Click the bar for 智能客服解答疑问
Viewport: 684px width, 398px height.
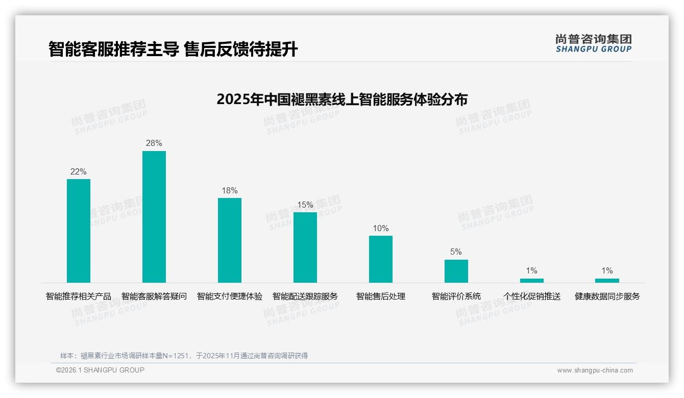click(x=154, y=217)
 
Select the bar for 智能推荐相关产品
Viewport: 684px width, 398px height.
click(x=79, y=231)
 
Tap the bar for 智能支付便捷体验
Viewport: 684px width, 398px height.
click(x=230, y=240)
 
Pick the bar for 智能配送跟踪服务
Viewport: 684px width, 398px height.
click(x=305, y=247)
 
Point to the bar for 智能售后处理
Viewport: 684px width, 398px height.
click(x=381, y=259)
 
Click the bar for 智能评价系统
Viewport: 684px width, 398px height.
click(x=456, y=271)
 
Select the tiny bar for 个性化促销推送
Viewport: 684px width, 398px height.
click(x=531, y=280)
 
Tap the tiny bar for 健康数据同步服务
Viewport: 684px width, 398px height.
click(x=607, y=280)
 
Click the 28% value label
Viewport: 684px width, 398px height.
click(x=154, y=143)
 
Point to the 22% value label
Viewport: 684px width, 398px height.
click(x=79, y=172)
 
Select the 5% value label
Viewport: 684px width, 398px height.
click(x=456, y=252)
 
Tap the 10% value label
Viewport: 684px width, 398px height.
click(x=381, y=229)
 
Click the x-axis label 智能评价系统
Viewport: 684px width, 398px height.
click(x=456, y=296)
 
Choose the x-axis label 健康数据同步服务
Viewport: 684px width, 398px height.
click(x=607, y=296)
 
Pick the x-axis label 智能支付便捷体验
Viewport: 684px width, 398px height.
click(x=230, y=296)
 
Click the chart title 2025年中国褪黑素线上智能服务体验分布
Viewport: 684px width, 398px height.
click(x=342, y=99)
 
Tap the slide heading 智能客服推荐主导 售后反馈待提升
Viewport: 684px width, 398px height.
click(x=173, y=49)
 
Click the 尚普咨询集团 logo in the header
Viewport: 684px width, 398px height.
click(x=593, y=43)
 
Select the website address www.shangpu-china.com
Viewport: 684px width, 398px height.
click(x=595, y=370)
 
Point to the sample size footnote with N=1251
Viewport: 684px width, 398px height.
click(x=184, y=356)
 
